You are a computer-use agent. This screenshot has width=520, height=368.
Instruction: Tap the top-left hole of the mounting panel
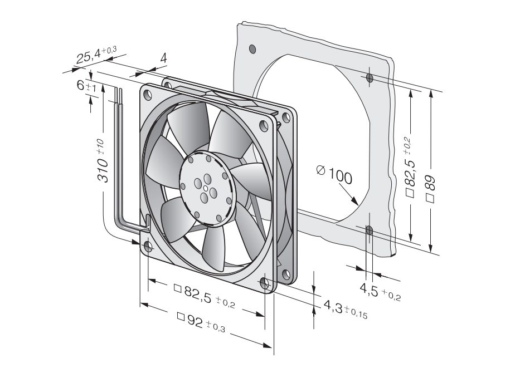tap(253, 49)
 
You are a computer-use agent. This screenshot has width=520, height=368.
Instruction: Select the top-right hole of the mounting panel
tap(370, 78)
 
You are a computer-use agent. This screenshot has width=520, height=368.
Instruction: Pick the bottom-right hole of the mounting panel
tap(368, 229)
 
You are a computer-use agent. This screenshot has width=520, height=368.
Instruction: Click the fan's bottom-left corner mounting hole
tap(148, 246)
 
